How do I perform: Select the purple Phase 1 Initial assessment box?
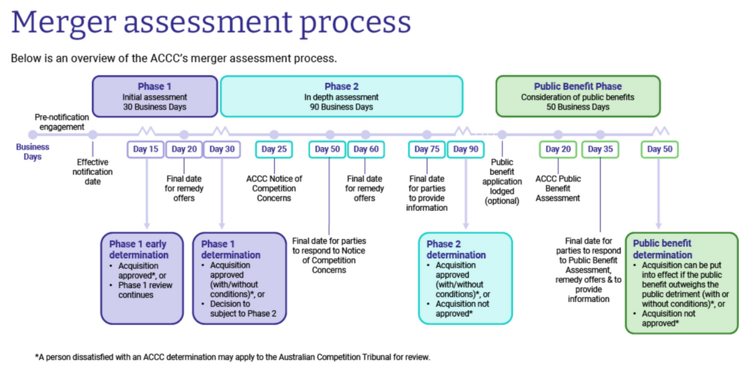pyautogui.click(x=154, y=96)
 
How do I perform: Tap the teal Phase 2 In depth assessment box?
pyautogui.click(x=341, y=96)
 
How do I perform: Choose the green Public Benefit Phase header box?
pyautogui.click(x=577, y=96)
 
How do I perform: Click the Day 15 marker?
pyautogui.click(x=145, y=149)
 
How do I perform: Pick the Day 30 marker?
pyautogui.click(x=222, y=149)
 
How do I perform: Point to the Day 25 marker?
pyautogui.click(x=274, y=149)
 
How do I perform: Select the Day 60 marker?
pyautogui.click(x=366, y=149)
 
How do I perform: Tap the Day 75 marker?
pyautogui.click(x=426, y=149)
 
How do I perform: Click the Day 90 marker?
pyautogui.click(x=465, y=149)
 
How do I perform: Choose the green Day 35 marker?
pyautogui.click(x=600, y=149)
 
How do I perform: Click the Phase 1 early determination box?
pyautogui.click(x=142, y=278)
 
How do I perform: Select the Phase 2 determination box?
pyautogui.click(x=465, y=278)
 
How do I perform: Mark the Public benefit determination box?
pyautogui.click(x=681, y=282)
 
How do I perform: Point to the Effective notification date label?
pyautogui.click(x=93, y=172)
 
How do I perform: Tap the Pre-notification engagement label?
pyautogui.click(x=62, y=122)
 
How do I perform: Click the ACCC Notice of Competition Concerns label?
pyautogui.click(x=274, y=188)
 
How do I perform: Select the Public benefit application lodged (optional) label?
pyautogui.click(x=502, y=182)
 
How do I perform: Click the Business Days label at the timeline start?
pyautogui.click(x=33, y=152)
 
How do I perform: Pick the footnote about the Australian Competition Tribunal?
pyautogui.click(x=232, y=357)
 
